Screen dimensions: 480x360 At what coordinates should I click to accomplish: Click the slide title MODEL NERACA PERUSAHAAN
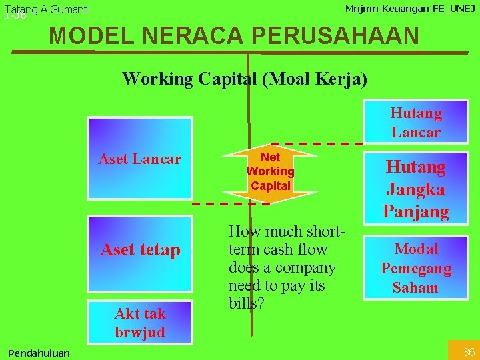pos(235,35)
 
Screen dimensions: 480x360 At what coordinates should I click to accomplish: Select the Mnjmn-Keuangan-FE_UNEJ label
pos(410,9)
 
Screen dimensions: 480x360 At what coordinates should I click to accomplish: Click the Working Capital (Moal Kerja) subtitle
pos(245,79)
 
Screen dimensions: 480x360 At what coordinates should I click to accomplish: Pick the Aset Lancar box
pos(140,159)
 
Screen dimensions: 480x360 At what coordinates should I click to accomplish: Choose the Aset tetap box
pos(140,250)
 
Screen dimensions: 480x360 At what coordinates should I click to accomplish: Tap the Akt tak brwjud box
pos(140,323)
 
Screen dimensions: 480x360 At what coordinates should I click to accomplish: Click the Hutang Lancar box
pos(415,122)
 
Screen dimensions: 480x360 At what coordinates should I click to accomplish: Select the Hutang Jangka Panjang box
pos(415,189)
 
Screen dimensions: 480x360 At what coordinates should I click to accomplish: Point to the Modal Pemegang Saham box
pos(415,268)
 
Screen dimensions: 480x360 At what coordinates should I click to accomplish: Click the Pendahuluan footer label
pos(39,353)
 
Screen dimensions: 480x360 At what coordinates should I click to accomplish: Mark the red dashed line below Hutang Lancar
pos(317,144)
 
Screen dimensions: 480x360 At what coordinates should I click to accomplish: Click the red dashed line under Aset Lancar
pos(227,203)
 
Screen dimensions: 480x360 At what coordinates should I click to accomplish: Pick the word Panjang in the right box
pos(415,211)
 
